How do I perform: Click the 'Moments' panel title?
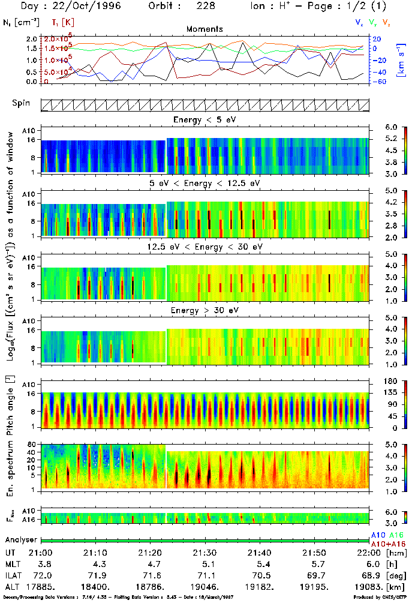(x=205, y=29)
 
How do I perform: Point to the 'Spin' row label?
(x=21, y=103)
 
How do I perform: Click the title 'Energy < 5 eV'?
(x=205, y=120)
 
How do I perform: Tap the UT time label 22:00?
(x=363, y=553)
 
